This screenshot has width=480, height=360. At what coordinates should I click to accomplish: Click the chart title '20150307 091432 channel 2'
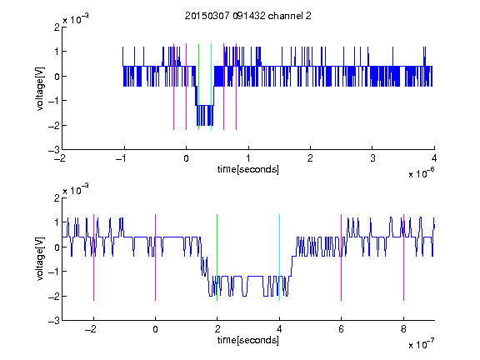coord(248,16)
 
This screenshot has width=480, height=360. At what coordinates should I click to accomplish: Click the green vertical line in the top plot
coord(198,87)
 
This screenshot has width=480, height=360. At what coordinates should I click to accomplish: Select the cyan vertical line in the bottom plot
coord(279,257)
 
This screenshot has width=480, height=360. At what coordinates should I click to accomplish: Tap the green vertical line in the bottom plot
coord(217,257)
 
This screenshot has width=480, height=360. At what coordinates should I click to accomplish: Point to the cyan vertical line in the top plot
coord(211,87)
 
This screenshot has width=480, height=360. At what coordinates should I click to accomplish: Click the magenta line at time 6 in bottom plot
coord(342,257)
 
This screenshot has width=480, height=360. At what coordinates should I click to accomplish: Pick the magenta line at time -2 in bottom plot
coord(93,257)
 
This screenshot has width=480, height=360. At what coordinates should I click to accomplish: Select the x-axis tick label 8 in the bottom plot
coord(403,329)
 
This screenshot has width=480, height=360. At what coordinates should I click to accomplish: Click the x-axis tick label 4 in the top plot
coord(434,158)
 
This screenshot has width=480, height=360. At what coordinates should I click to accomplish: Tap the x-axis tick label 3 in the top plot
coord(372,158)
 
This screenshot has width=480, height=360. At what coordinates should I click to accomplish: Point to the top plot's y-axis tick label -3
coord(54,150)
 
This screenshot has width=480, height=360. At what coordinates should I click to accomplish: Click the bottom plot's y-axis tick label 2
coord(57,197)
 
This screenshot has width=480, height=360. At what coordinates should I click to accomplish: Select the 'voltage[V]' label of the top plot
coord(40,89)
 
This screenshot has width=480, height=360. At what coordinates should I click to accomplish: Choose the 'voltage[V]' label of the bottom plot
coord(40,259)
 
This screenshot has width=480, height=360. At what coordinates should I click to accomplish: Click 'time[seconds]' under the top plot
coord(248,169)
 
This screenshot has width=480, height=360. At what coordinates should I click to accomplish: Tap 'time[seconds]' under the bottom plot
coord(248,340)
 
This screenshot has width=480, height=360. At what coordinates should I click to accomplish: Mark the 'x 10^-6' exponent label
coord(421,173)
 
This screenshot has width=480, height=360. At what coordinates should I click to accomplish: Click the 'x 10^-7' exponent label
coord(421,344)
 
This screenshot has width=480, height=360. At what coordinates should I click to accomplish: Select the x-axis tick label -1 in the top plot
coord(122,158)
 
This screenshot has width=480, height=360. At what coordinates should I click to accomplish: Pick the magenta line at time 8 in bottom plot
coord(403,257)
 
